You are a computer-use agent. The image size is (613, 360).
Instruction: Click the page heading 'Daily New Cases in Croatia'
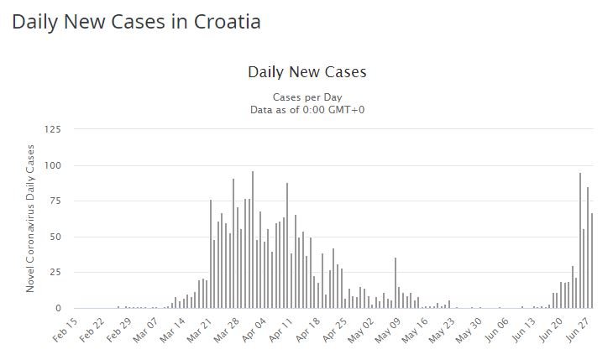136,22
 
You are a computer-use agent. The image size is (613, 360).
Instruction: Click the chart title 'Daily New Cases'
306,72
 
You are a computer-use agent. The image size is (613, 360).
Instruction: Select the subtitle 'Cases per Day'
306,97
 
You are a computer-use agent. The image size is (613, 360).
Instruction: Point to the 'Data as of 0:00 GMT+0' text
306,109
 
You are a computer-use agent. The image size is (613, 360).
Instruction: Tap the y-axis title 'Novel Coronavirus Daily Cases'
30,218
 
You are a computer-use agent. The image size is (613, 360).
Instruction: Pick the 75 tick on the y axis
55,201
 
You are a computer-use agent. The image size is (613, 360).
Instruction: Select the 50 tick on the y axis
55,237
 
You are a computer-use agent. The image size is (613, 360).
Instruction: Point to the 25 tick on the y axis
55,273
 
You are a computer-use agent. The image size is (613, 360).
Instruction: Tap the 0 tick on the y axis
58,309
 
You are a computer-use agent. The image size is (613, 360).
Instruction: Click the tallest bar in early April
253,240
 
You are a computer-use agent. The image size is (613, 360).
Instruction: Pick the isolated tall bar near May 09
395,283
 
